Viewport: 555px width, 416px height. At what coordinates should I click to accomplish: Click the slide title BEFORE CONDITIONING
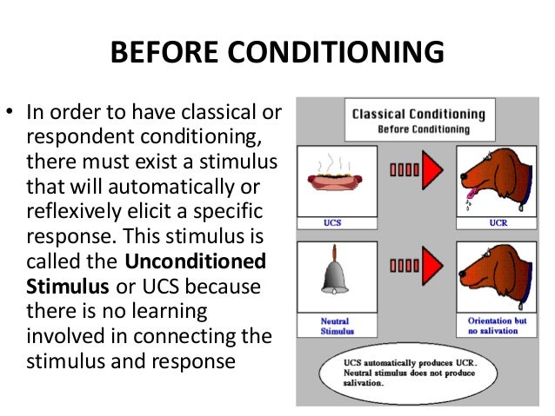(277, 53)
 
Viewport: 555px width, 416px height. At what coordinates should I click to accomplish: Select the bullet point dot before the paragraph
(14, 113)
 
